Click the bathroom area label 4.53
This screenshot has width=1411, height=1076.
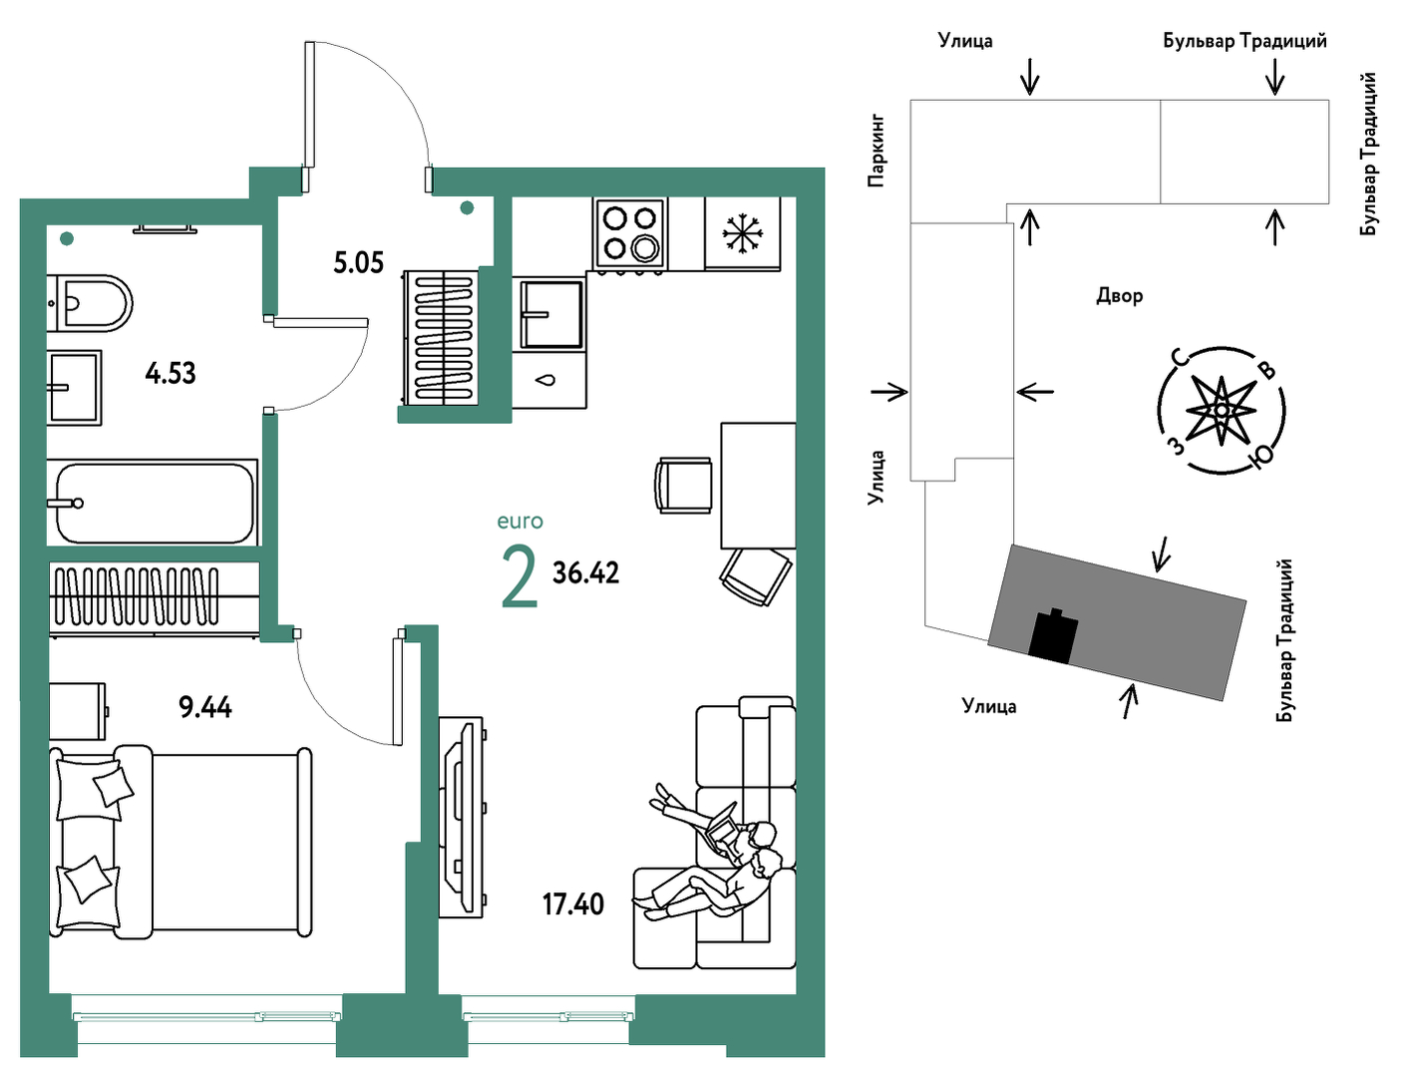(171, 373)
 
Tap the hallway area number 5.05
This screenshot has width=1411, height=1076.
(358, 263)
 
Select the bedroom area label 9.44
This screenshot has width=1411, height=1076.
(205, 708)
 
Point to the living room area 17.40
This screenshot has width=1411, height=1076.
(572, 904)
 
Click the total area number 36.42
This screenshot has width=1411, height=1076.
(585, 572)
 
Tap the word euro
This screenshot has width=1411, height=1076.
(521, 522)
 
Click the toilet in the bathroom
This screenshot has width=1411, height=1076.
(90, 303)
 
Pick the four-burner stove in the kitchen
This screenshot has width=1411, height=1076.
(630, 233)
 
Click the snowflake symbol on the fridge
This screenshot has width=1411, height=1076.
(743, 232)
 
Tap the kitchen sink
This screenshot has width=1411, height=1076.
(550, 314)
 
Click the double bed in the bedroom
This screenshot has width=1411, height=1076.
(180, 842)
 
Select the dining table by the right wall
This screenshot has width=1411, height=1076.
(758, 486)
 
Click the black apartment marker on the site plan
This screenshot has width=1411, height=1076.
(1053, 636)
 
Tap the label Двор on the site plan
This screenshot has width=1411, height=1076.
(1119, 296)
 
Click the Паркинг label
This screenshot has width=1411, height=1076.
(877, 151)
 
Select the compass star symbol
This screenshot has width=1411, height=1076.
(1221, 410)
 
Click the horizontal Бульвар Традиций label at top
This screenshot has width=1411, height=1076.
(1245, 41)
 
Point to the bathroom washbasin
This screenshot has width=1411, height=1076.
(75, 388)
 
